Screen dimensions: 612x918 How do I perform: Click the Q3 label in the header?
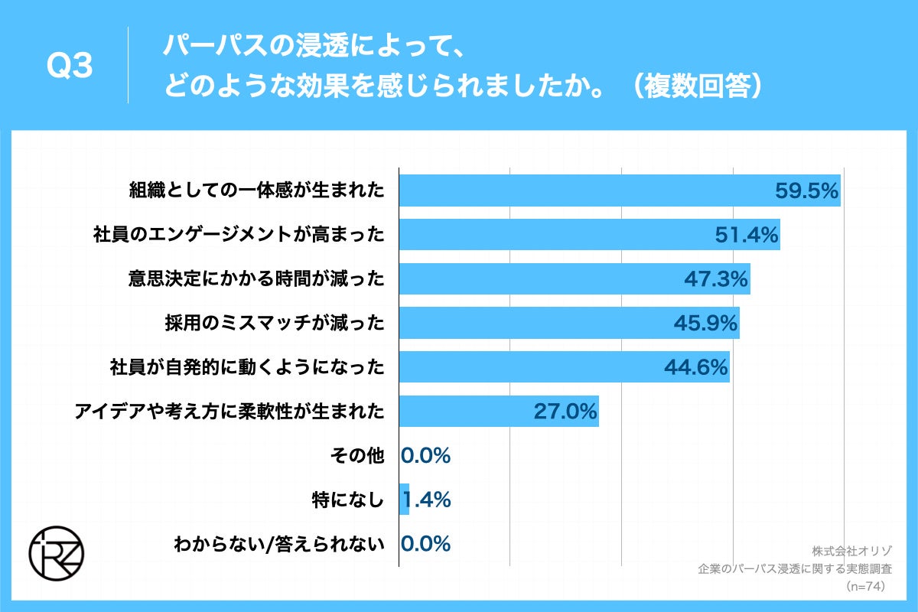pos(70,67)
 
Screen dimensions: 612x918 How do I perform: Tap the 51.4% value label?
pos(747,235)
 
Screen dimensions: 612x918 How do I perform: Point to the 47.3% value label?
pos(715,279)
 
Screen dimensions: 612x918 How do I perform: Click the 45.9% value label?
pos(705,324)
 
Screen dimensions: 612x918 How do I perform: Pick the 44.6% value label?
pos(695,368)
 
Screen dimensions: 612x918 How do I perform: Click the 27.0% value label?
pos(565,412)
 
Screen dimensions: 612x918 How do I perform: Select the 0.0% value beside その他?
pos(426,456)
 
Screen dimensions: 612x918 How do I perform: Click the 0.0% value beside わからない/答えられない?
pos(426,544)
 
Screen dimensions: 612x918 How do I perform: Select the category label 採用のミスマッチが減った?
pos(274,324)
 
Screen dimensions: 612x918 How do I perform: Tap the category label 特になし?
pos(347,500)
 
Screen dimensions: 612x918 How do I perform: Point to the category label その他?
pos(358,456)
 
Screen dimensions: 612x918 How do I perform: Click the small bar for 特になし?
pos(405,500)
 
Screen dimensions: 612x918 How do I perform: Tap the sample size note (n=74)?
pos(865,587)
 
